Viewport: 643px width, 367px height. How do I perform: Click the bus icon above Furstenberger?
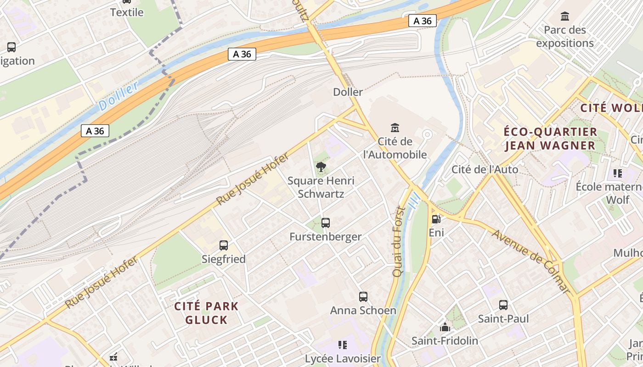pos(326,223)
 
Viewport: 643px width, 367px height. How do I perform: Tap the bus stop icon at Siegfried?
pos(224,245)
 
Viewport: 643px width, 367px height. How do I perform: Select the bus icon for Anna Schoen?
pos(363,297)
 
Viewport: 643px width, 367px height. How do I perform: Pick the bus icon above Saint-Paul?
pos(503,305)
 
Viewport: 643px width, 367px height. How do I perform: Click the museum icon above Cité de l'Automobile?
pos(395,128)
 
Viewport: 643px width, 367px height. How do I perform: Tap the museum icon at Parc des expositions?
pos(565,17)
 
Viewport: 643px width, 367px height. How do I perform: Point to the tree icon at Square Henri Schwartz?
pos(321,167)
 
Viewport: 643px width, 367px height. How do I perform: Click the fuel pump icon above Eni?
pos(436,219)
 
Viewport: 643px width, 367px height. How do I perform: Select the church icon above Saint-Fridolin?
pos(445,328)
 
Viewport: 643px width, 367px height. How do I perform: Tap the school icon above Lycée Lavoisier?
pos(343,345)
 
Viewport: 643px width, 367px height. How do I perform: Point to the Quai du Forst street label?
pos(398,242)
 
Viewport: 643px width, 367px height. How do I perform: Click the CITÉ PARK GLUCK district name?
pos(207,313)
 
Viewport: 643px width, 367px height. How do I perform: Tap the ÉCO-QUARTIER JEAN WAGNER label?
pos(550,139)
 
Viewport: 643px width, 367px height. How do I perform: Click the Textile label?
pos(127,12)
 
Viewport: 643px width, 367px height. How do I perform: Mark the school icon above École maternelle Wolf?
pos(618,173)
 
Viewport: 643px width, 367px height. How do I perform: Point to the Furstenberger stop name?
pos(326,237)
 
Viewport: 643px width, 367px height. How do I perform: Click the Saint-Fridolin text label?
pos(445,341)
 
